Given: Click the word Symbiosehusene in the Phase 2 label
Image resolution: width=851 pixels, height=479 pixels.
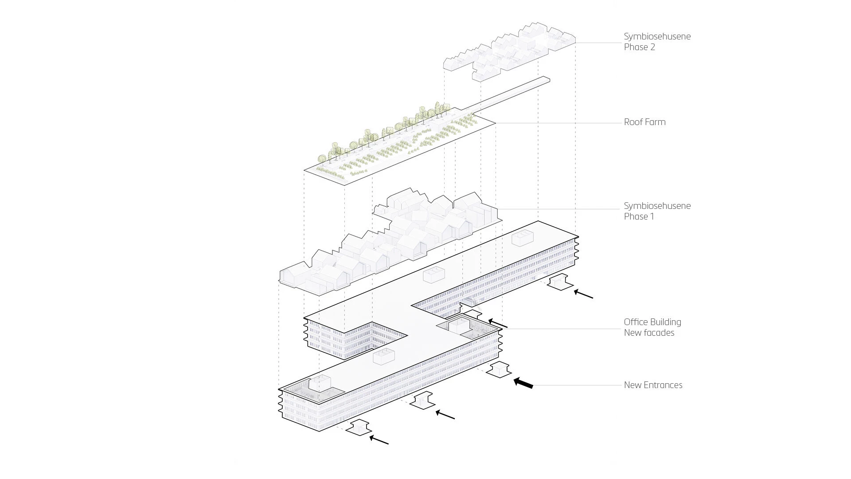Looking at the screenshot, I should (657, 36).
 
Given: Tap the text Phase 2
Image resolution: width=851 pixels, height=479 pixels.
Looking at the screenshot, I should (639, 47).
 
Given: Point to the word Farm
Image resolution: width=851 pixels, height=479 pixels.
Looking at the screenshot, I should (655, 122).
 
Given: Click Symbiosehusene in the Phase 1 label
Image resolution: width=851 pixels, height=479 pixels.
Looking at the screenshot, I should (657, 206).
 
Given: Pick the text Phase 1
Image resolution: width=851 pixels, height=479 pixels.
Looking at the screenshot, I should (639, 216).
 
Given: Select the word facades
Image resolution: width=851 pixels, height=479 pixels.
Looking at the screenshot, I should (659, 333).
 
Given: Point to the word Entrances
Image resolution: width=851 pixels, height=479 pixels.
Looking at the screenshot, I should (663, 385).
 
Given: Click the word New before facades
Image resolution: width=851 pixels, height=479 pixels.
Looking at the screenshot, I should (632, 333).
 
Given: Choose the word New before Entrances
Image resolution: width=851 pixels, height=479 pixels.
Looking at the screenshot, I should (632, 385).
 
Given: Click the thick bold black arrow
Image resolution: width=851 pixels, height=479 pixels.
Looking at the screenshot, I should (523, 383).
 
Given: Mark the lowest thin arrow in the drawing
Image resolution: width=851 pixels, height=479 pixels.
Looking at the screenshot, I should (379, 440).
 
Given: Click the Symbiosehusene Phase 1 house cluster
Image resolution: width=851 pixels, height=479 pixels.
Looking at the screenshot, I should (390, 242).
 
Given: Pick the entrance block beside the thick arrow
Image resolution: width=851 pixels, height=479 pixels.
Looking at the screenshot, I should (499, 369).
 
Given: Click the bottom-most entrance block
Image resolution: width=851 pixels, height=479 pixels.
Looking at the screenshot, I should (359, 427).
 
